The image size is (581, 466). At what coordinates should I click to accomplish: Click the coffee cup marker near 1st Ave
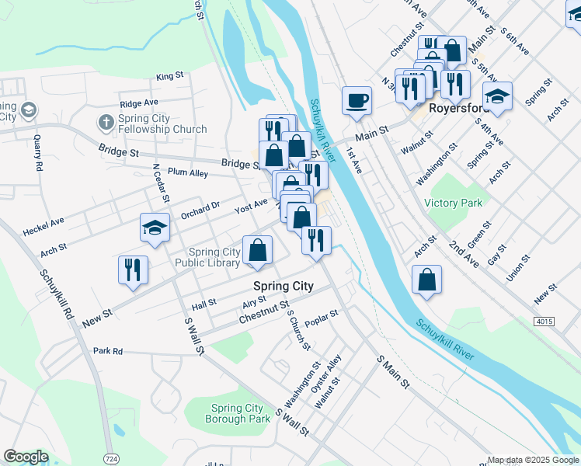[357, 101]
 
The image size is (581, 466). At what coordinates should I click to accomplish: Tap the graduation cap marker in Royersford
[497, 97]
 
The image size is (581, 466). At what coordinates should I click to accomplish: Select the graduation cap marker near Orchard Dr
[155, 228]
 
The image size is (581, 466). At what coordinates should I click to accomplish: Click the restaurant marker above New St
[133, 270]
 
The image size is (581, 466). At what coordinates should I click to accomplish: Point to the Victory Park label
[453, 203]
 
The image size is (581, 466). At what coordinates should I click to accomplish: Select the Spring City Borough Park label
[238, 413]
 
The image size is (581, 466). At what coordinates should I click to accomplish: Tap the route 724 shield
[112, 459]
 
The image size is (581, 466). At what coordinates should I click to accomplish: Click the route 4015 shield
[544, 321]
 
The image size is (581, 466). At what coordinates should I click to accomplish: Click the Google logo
[26, 457]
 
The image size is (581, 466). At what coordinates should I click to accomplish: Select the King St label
[169, 77]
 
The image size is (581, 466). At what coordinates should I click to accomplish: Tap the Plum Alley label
[187, 173]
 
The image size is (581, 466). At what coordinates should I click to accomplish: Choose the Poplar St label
[322, 315]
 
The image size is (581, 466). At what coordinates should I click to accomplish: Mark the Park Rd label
[108, 351]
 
